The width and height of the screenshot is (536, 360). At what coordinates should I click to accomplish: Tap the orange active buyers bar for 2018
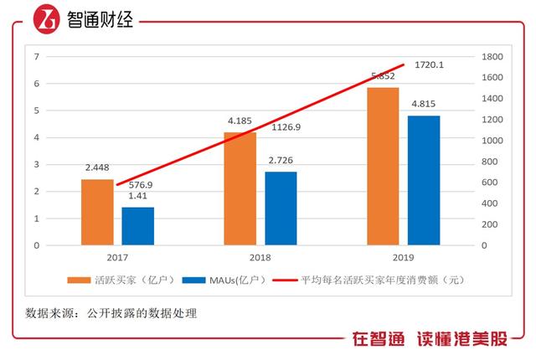(240, 188)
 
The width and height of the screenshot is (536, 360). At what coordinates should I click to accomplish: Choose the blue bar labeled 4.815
(424, 180)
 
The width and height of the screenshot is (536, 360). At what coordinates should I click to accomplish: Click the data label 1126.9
(288, 128)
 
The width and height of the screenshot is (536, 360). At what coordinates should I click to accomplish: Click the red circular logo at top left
(45, 19)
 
